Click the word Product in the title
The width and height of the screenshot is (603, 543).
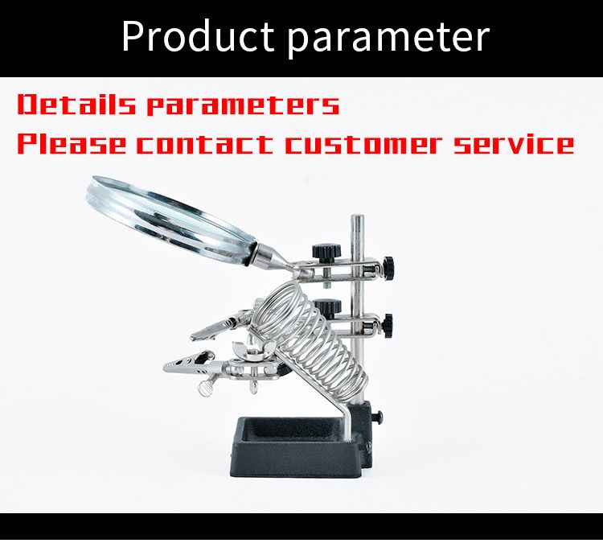coord(198,35)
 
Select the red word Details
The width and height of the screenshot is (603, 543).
coord(76,105)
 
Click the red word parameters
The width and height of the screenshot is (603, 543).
coord(244,105)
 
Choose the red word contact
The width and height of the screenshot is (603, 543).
coord(204,144)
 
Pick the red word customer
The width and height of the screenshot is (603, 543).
coord(363,144)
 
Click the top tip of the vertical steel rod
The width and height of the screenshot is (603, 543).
coord(357,216)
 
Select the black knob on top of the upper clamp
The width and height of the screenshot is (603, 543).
coord(326,251)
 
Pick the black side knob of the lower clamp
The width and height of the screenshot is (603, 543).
coord(388,325)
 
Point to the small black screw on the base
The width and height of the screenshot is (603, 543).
coord(379,417)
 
